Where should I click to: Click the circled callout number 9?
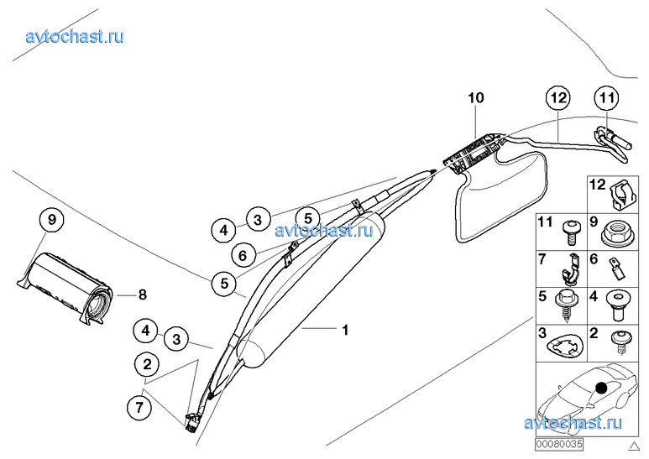(x=51, y=221)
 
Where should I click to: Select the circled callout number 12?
(x=557, y=98)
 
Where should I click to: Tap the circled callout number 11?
(x=607, y=98)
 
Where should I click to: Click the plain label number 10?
(x=476, y=98)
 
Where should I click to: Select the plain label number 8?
(x=143, y=295)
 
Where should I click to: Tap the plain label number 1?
(x=344, y=330)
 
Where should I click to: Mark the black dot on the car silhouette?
(x=601, y=388)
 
